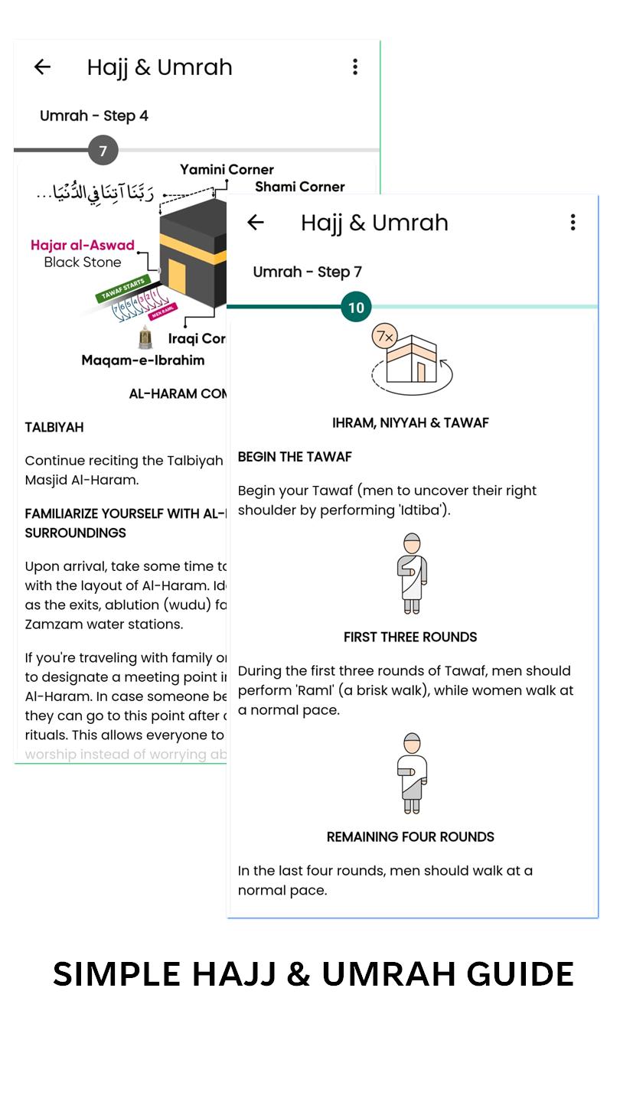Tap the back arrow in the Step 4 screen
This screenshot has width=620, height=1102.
42,67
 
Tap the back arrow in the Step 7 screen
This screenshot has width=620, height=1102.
256,223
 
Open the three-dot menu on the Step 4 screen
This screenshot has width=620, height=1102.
355,67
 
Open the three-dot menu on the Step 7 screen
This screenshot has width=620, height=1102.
573,223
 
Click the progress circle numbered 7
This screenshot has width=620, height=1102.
103,151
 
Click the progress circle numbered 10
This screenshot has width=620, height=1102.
356,308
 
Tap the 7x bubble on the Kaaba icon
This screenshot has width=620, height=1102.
383,336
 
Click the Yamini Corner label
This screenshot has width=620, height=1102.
227,169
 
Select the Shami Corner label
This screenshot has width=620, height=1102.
299,187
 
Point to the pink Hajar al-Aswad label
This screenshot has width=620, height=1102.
83,246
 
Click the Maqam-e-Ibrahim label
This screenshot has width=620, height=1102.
142,360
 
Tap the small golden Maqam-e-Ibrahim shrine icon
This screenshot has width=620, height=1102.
145,337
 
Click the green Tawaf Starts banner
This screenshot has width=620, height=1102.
122,290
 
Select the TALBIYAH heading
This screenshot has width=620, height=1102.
54,427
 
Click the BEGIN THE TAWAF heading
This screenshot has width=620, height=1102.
295,457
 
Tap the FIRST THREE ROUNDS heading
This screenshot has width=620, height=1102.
410,637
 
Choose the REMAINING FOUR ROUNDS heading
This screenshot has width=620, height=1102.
410,836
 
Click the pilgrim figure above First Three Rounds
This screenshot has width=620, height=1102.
412,573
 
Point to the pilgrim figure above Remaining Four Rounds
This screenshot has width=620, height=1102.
412,773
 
